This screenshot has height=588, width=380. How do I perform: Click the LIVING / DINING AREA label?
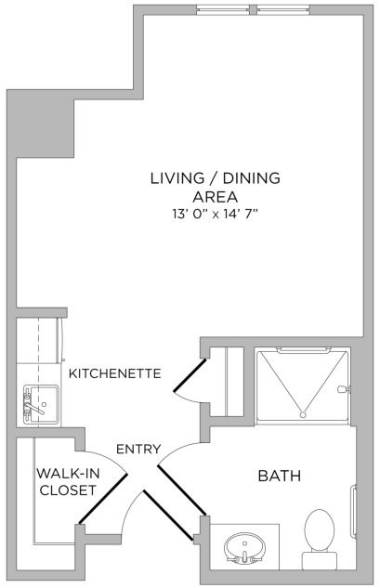216,187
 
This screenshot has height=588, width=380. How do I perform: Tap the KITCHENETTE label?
115,373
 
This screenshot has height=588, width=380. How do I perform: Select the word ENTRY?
138,450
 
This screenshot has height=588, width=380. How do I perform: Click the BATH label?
279,477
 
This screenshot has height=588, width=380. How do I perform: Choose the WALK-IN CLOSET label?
67,481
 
